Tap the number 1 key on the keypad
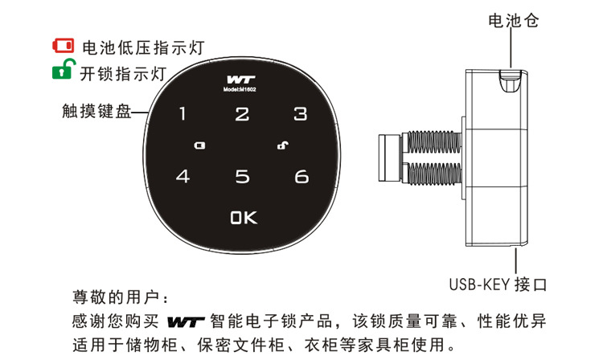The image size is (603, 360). point(182,114)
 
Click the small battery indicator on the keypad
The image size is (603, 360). point(199,146)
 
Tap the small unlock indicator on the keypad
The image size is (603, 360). point(282,145)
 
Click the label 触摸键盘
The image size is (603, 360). point(95,112)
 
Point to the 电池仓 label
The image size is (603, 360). point(512,22)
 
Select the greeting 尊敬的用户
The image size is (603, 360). point(115,297)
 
